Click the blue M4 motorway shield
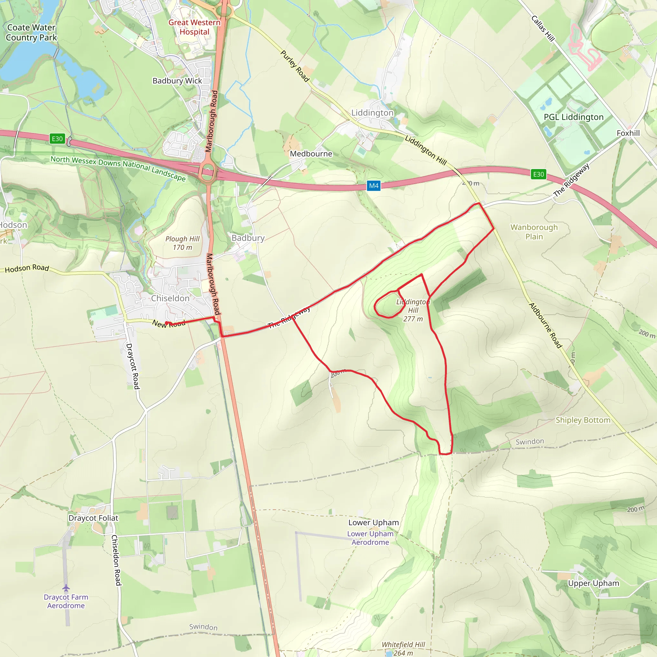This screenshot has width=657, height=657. click(x=374, y=186)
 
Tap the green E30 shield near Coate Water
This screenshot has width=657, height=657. click(x=57, y=139)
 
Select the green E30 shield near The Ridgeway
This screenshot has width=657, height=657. click(x=538, y=175)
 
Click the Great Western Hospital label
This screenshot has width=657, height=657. click(x=194, y=27)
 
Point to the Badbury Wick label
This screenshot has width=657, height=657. click(x=177, y=81)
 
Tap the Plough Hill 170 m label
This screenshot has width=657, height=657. click(x=183, y=243)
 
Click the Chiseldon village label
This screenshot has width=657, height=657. click(x=170, y=299)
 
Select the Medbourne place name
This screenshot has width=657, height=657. click(x=311, y=154)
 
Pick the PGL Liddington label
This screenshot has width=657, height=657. click(x=574, y=117)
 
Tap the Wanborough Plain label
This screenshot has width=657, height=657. click(x=534, y=232)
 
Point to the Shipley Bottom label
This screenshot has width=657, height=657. click(x=583, y=420)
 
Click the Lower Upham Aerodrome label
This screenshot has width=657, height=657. click(x=370, y=538)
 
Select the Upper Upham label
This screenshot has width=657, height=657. click(x=593, y=584)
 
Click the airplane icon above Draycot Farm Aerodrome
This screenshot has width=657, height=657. click(x=66, y=588)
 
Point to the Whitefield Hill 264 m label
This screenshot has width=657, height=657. click(x=403, y=648)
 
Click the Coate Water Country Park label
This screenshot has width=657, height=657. click(x=31, y=33)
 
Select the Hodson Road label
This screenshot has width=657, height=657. click(x=27, y=269)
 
